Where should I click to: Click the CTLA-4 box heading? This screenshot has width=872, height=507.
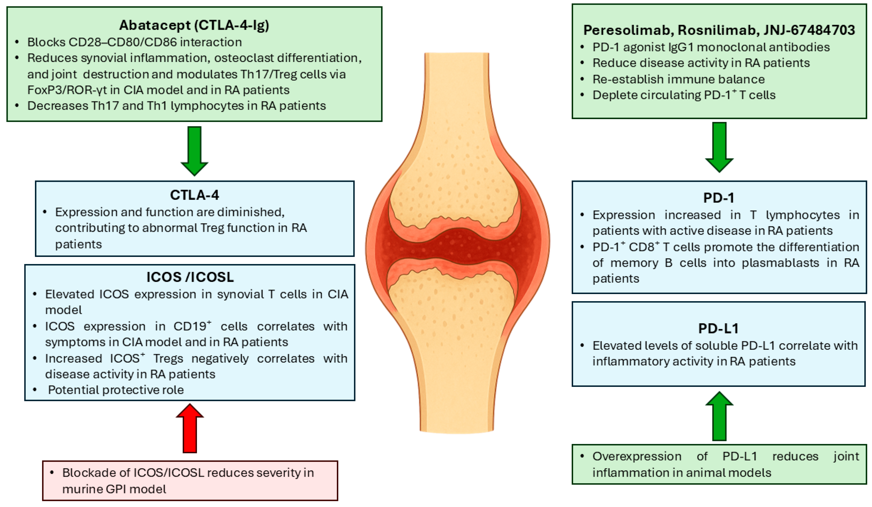click(x=194, y=195)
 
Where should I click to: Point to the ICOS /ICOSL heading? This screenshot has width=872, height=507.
click(x=190, y=277)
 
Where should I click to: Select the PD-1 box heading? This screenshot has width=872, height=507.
click(x=718, y=198)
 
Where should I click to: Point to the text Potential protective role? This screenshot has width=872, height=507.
click(x=116, y=390)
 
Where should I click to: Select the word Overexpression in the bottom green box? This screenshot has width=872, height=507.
click(x=637, y=456)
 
